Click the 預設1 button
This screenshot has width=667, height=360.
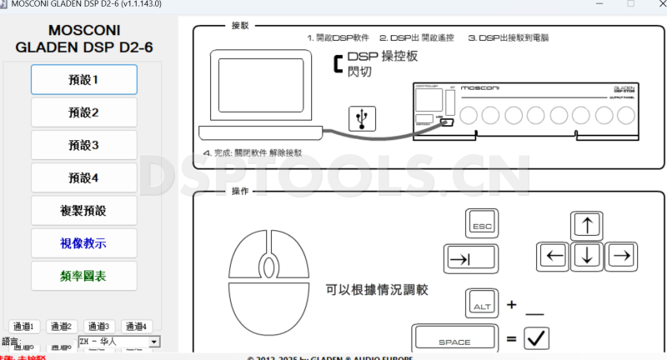83,80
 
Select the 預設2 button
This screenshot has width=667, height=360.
83,112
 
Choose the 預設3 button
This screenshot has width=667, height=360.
83,145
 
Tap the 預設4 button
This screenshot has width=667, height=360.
83,177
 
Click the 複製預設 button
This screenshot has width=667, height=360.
83,210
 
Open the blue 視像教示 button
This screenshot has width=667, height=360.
83,243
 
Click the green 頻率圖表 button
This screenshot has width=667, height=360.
83,276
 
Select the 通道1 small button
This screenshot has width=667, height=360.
24,327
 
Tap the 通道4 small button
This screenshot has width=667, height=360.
137,327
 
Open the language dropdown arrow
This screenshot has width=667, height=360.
154,342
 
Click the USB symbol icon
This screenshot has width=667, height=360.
362,118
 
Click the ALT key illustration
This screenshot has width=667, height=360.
482,304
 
